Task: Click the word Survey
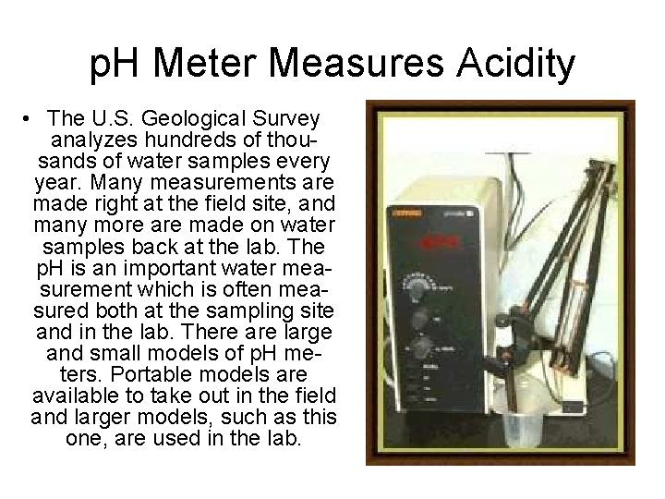[289, 120]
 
